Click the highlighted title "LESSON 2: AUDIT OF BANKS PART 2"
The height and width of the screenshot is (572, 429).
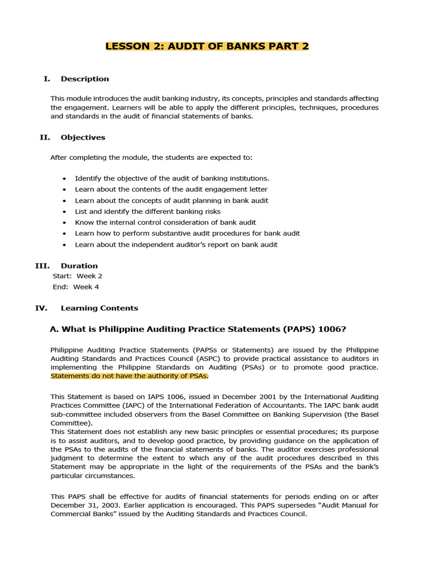tap(207, 46)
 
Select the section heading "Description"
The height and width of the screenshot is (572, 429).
tap(85, 79)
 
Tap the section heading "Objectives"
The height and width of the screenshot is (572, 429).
tap(83, 137)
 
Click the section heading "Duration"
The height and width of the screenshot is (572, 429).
tap(79, 266)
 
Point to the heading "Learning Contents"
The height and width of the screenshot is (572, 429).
tap(99, 308)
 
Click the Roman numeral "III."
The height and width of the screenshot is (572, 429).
tap(42, 266)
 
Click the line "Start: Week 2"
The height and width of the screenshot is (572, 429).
tap(77, 276)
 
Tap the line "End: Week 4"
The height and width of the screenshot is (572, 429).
tap(76, 287)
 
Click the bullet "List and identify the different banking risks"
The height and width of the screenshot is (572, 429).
tap(147, 212)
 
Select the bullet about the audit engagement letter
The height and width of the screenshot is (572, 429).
tap(171, 189)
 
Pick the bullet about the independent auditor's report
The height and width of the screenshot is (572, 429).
tap(176, 245)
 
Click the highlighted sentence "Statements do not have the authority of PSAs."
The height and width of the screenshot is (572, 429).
tap(129, 376)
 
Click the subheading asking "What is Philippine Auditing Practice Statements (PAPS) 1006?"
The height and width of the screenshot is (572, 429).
tap(202, 329)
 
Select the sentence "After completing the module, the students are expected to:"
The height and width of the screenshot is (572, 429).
tap(151, 158)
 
